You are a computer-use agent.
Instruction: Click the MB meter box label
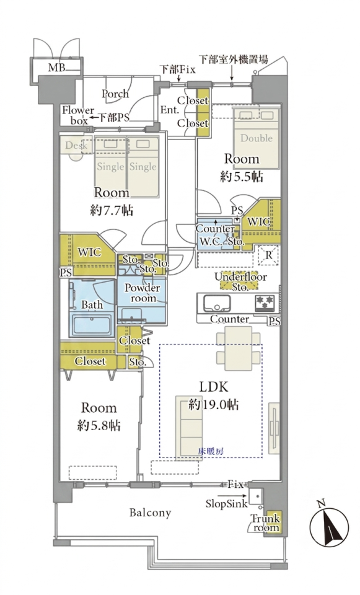pyautogui.click(x=56, y=68)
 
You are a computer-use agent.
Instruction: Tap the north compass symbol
pyautogui.click(x=329, y=527)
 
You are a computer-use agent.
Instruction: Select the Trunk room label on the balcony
pyautogui.click(x=265, y=523)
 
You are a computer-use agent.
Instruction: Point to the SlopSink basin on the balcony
pyautogui.click(x=256, y=496)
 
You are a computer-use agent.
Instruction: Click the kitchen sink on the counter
pyautogui.click(x=217, y=304)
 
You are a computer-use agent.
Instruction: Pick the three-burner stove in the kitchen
pyautogui.click(x=264, y=303)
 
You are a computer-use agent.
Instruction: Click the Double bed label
pyautogui.click(x=257, y=138)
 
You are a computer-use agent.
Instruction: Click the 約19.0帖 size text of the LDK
pyautogui.click(x=214, y=405)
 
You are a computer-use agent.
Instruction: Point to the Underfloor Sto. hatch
pyautogui.click(x=240, y=281)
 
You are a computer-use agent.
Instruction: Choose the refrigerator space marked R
pyautogui.click(x=268, y=255)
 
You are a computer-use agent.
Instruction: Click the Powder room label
pyautogui.click(x=143, y=293)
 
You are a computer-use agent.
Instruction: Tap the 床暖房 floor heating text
pyautogui.click(x=211, y=451)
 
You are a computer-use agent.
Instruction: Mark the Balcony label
pyautogui.click(x=150, y=513)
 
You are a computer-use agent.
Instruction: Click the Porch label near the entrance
pyautogui.click(x=115, y=94)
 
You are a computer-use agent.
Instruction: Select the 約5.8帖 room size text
pyautogui.click(x=99, y=425)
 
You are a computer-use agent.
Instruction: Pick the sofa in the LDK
pyautogui.click(x=189, y=428)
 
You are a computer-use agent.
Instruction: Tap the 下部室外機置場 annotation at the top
pyautogui.click(x=234, y=59)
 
